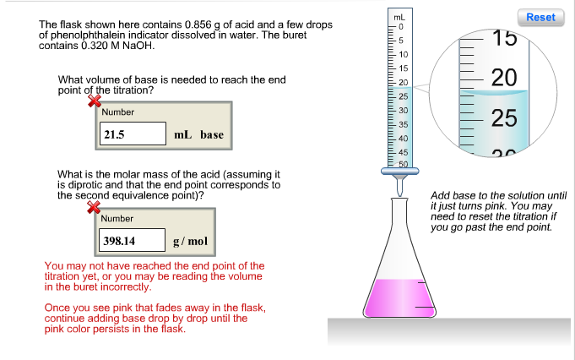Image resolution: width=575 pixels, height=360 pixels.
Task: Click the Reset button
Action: click(x=541, y=17)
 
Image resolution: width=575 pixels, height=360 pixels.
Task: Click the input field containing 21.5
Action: click(x=133, y=134)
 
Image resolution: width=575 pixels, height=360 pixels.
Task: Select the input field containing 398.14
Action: click(x=132, y=240)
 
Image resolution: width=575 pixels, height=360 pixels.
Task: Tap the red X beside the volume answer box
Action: click(x=95, y=101)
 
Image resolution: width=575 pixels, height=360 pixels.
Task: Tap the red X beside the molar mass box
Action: click(x=94, y=207)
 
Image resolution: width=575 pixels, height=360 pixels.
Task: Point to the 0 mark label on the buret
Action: click(x=401, y=27)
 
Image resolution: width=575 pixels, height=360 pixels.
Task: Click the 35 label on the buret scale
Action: click(x=404, y=124)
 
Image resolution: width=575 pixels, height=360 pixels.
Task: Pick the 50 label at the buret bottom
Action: click(x=404, y=164)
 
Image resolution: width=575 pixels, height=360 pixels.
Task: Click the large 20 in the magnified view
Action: click(x=504, y=78)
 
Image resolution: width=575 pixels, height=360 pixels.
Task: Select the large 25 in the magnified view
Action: click(x=504, y=118)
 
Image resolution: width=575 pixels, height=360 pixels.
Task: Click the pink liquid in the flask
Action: click(x=399, y=298)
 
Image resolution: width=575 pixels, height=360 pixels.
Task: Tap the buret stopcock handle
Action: click(x=399, y=171)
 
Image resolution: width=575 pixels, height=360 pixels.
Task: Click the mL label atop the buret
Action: click(x=399, y=17)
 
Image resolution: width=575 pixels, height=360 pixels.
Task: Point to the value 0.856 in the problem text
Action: click(x=198, y=25)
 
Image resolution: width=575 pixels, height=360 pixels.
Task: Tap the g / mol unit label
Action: click(x=190, y=241)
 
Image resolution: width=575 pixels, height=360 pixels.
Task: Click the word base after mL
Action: click(x=212, y=134)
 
